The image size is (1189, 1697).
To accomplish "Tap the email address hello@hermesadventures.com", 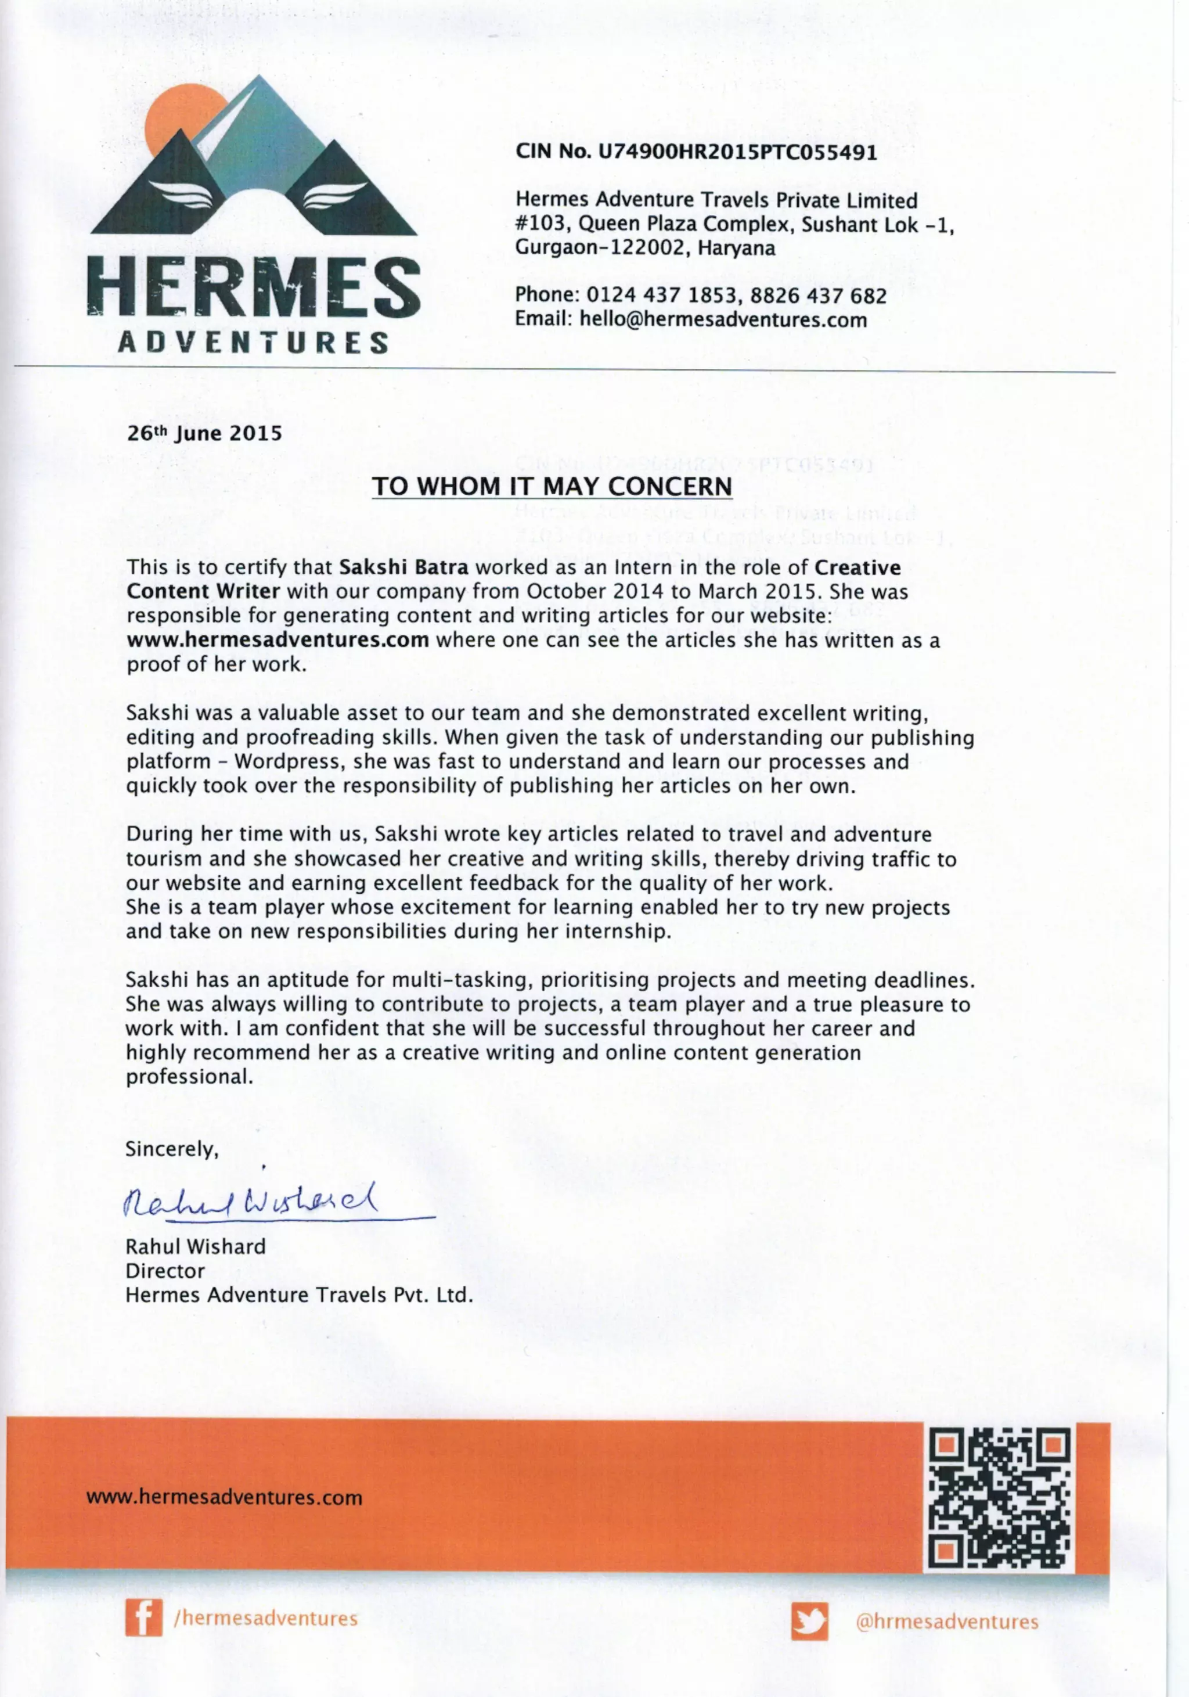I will (722, 319).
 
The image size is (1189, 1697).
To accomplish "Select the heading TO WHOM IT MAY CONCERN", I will (552, 486).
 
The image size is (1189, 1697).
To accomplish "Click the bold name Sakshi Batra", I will (403, 567).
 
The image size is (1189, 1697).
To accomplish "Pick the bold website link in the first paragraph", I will (278, 639).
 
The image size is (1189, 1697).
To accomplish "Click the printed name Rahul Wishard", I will (195, 1247).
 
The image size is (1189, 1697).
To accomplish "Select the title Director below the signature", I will (165, 1271).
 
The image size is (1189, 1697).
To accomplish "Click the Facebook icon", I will (143, 1619).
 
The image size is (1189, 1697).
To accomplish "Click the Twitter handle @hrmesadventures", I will (947, 1622).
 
